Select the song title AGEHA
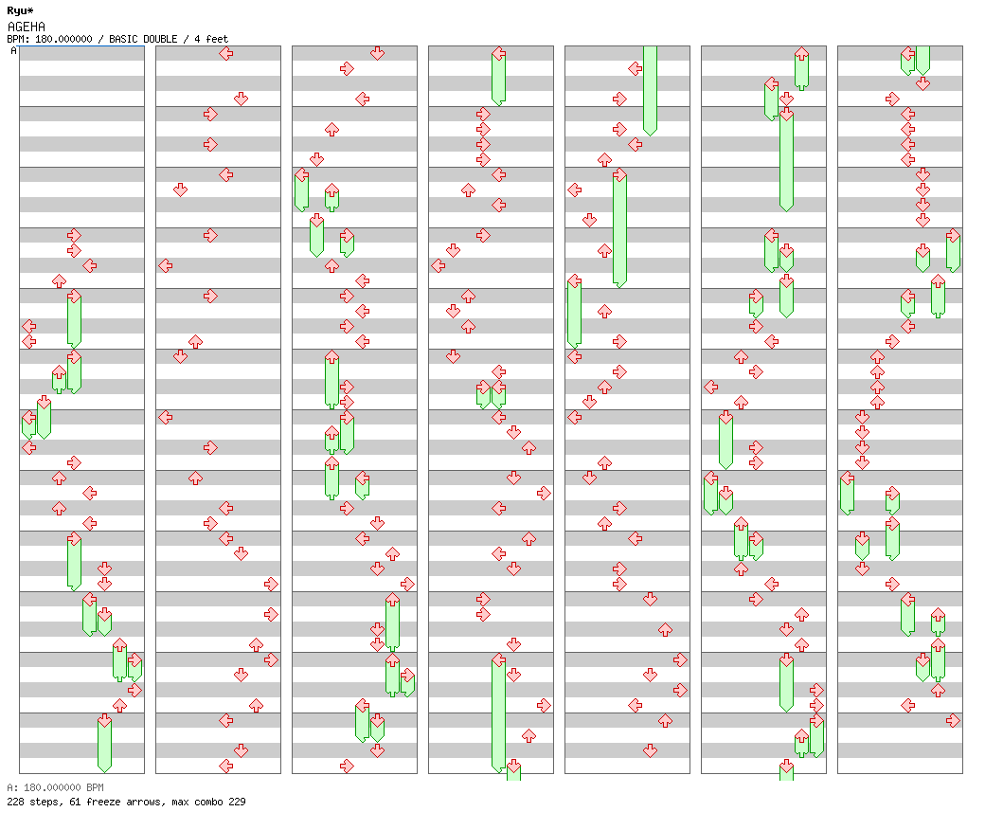click(x=26, y=27)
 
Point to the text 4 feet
click(x=210, y=39)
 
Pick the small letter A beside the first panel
click(x=13, y=51)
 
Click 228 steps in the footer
click(x=30, y=802)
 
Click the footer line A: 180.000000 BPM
click(x=54, y=787)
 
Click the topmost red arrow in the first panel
click(x=74, y=235)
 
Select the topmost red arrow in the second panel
click(x=225, y=53)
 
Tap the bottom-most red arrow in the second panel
click(x=225, y=766)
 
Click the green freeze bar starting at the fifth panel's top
click(x=650, y=89)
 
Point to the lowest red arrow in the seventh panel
click(x=953, y=720)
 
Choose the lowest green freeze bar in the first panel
click(x=104, y=744)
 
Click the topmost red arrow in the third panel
click(x=377, y=53)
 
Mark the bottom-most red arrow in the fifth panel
click(x=650, y=750)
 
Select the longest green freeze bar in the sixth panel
click(x=786, y=159)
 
